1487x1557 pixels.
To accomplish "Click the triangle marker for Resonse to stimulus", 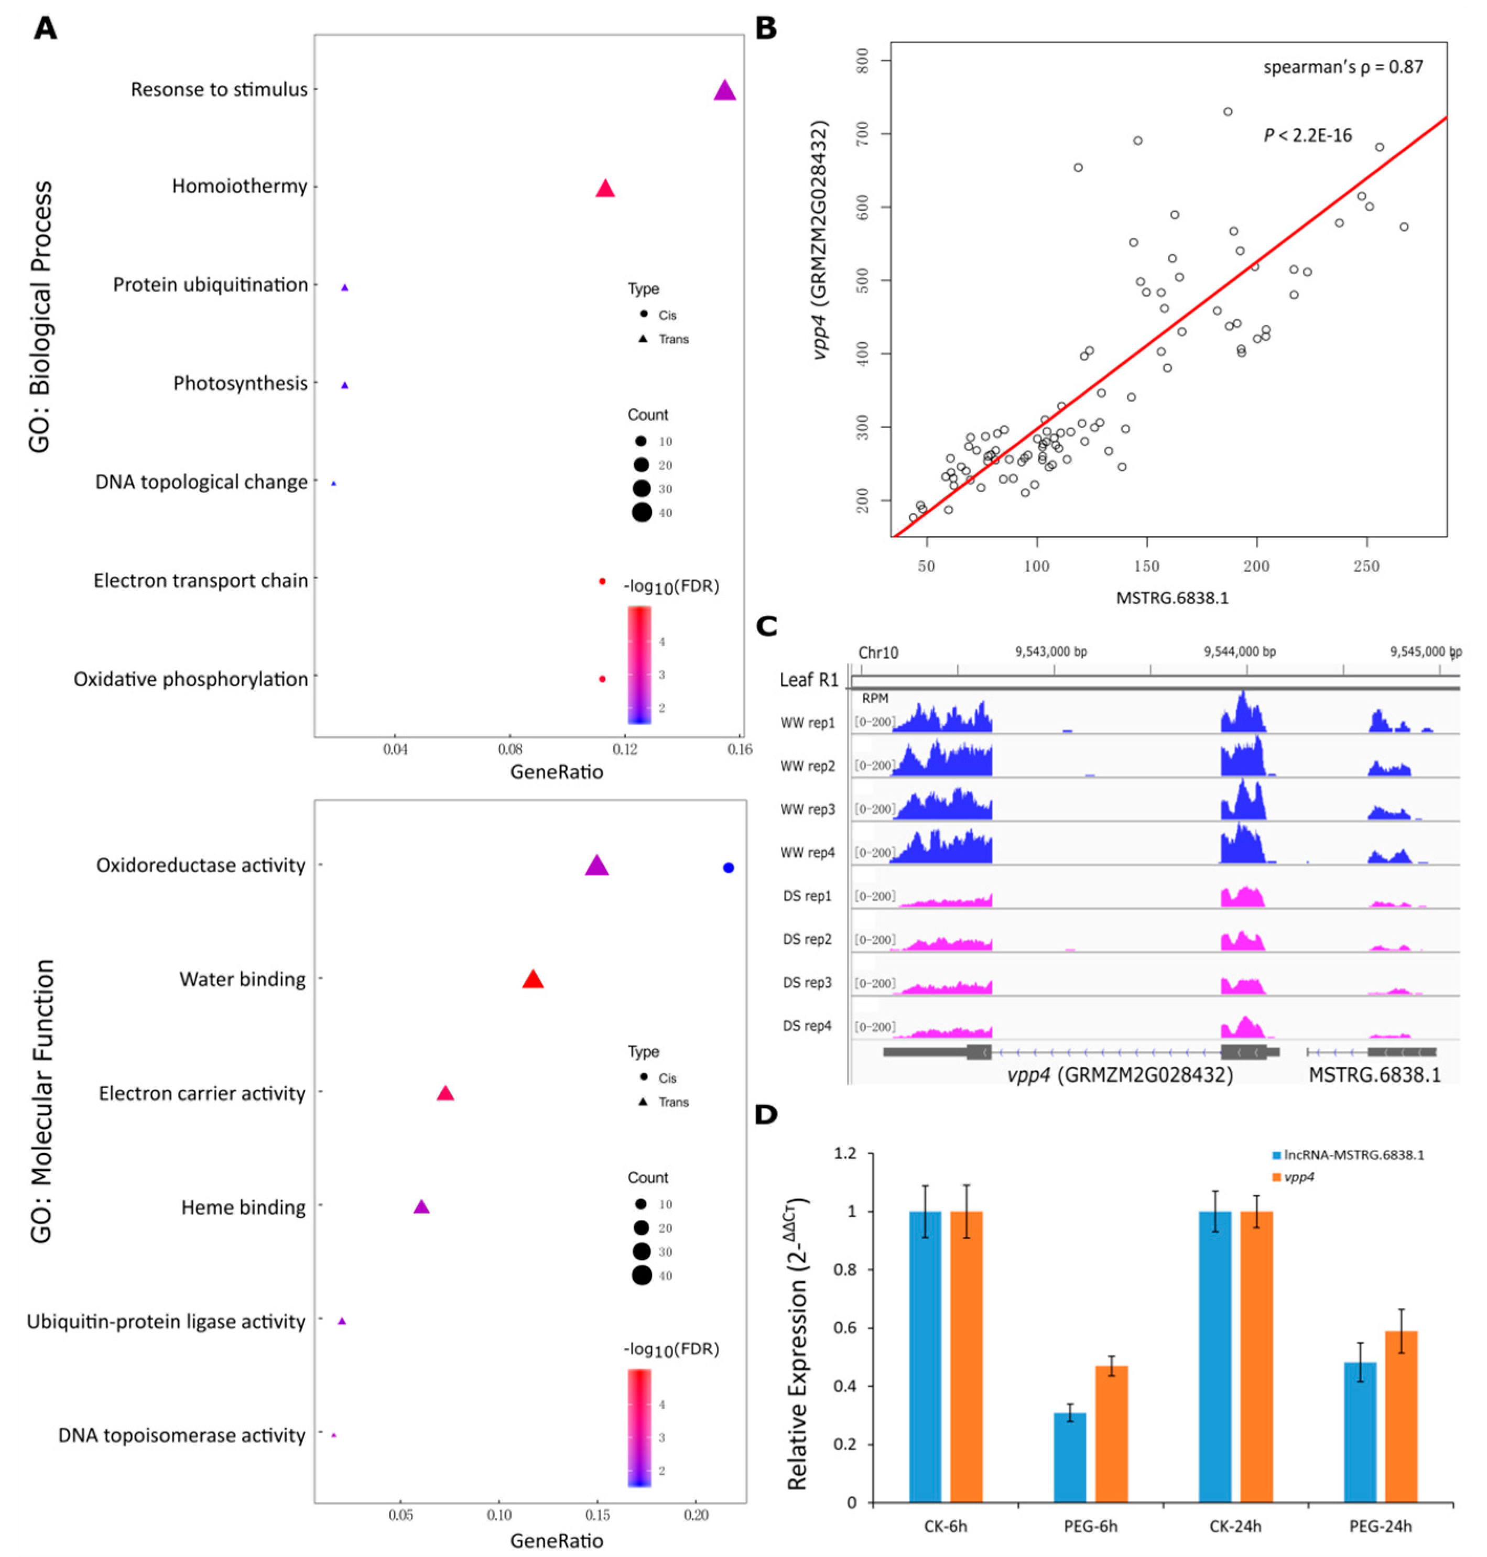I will (x=724, y=91).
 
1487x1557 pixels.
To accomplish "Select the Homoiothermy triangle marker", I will (x=605, y=189).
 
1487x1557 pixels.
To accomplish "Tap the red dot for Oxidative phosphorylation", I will (x=602, y=679).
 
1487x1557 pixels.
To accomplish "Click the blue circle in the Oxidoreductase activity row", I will (x=729, y=868).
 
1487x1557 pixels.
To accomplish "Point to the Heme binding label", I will (x=243, y=1207).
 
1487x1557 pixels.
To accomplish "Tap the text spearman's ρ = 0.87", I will (x=1343, y=68).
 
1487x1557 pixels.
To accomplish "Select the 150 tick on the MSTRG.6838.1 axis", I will (x=1146, y=567).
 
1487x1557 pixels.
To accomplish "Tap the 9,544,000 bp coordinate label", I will (x=1240, y=651).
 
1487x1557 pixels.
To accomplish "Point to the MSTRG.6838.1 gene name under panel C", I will (x=1374, y=1075).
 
